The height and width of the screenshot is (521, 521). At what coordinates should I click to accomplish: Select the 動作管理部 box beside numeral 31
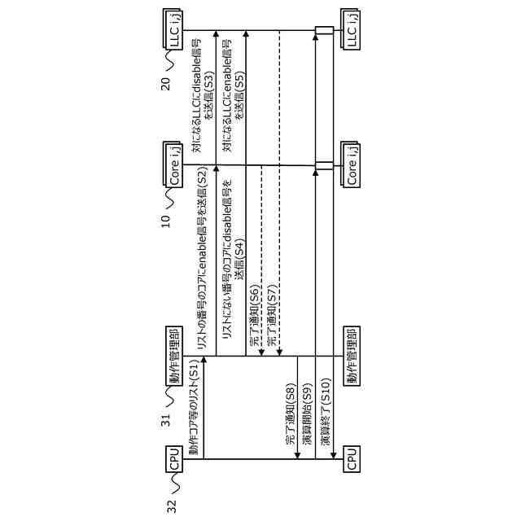tap(173, 356)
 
